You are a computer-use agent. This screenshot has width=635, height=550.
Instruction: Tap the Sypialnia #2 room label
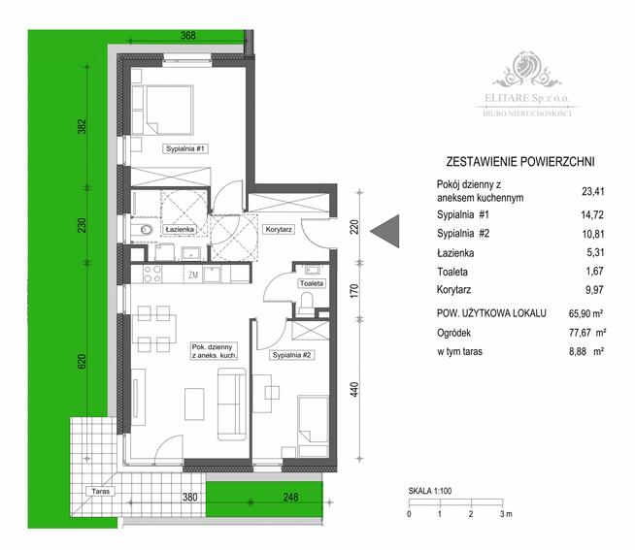click(x=291, y=355)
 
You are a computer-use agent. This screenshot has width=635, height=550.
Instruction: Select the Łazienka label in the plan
click(x=181, y=229)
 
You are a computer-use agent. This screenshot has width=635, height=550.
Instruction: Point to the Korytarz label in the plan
click(x=279, y=230)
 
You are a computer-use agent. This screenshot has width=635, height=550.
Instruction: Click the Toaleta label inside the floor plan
click(x=312, y=283)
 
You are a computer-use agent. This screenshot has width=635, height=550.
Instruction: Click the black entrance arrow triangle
click(x=385, y=230)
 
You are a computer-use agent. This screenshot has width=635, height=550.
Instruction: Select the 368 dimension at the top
click(x=188, y=36)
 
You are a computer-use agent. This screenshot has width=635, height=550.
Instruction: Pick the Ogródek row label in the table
click(x=457, y=333)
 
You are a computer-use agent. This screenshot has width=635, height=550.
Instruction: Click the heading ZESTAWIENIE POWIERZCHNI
click(x=518, y=161)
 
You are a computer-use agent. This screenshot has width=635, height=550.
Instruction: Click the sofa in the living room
click(x=230, y=404)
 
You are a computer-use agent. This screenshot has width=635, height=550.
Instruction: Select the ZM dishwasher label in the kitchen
click(x=193, y=275)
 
